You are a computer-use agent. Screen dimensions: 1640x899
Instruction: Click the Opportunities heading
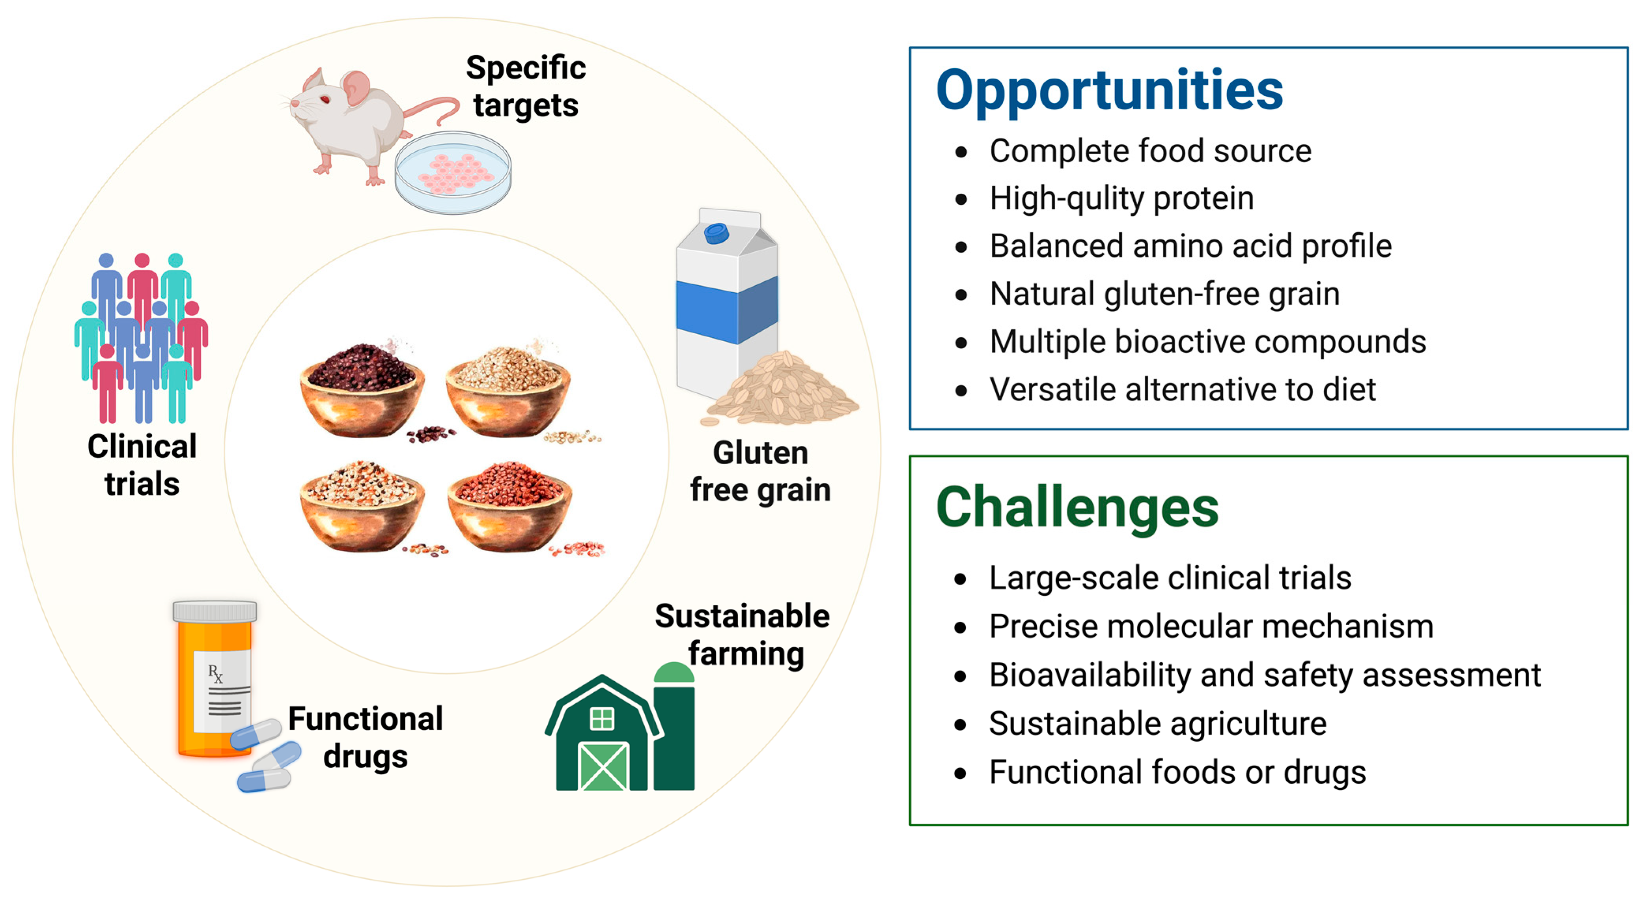tap(1109, 91)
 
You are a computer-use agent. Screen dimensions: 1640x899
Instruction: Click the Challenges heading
tap(1077, 508)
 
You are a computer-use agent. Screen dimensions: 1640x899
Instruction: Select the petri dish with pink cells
tap(453, 172)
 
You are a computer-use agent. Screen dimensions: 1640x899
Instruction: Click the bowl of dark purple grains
tap(362, 390)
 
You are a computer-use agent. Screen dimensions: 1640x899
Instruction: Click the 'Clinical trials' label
tap(142, 465)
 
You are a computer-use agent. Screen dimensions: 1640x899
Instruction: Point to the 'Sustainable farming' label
tap(743, 634)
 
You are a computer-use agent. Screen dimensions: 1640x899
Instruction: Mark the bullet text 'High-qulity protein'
tap(1122, 198)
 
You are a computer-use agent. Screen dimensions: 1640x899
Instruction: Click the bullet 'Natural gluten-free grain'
tap(1164, 294)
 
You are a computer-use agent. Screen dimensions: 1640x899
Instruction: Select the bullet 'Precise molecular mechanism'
tap(1211, 626)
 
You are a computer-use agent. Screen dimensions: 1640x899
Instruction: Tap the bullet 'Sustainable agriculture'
tap(1157, 723)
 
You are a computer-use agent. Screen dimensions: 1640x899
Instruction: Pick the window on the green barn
tap(602, 719)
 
